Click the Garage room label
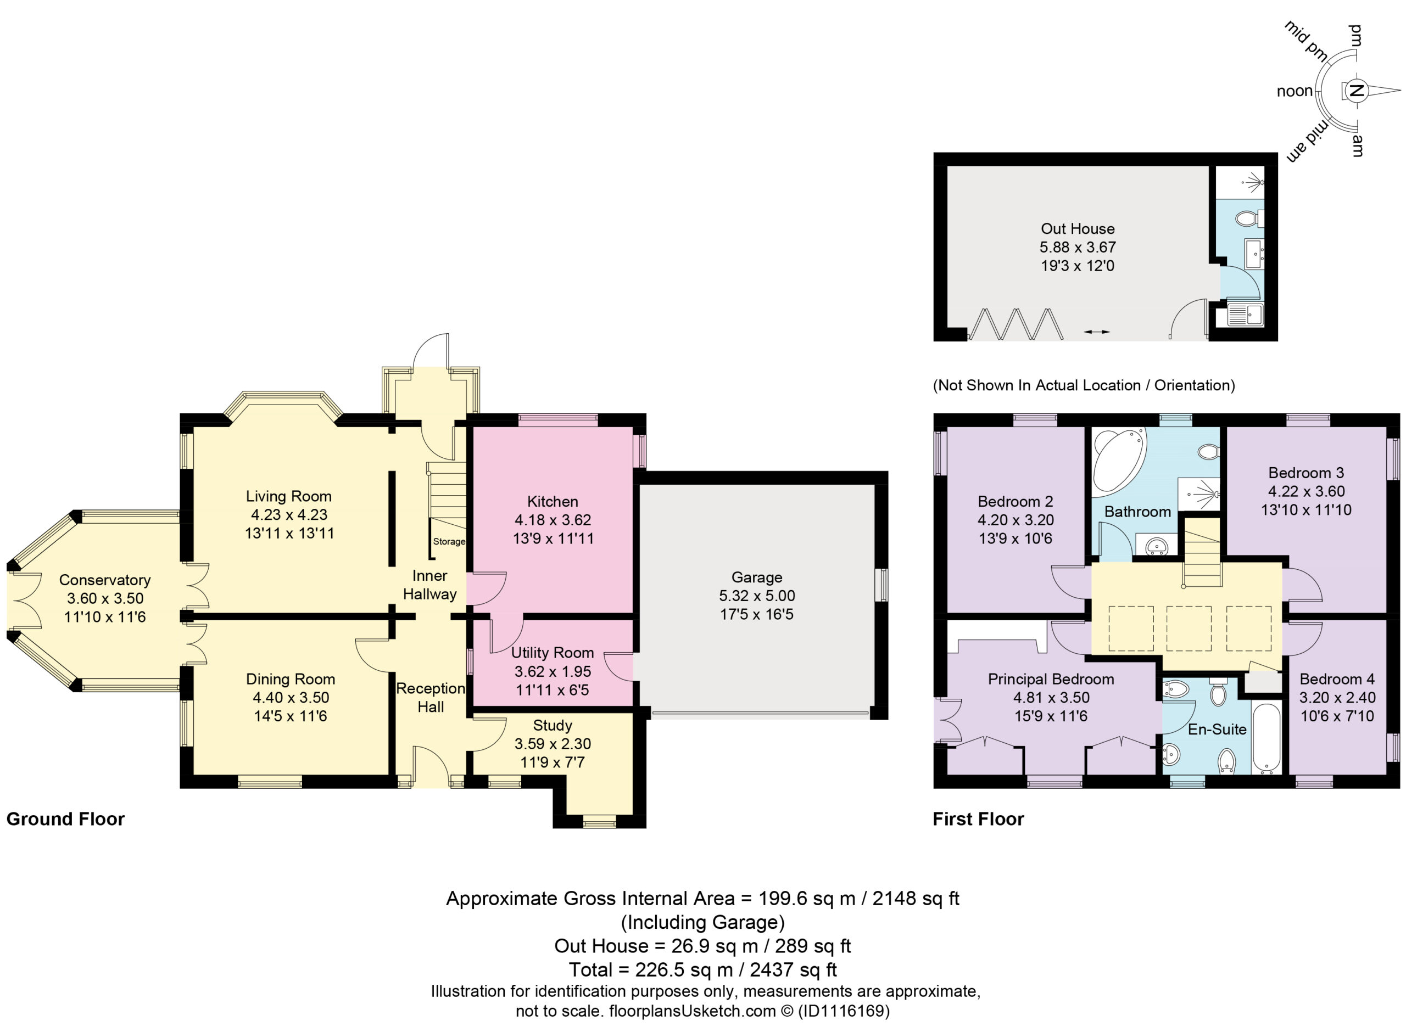pos(756,577)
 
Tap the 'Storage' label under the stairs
pos(449,542)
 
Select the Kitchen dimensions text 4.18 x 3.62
pos(553,520)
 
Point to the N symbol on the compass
pos(1355,91)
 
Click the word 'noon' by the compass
pos(1294,91)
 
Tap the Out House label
pos(1078,229)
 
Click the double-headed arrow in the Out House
pos(1096,332)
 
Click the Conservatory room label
pos(105,580)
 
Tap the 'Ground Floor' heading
pos(65,819)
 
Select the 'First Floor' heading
pos(978,819)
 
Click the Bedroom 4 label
pos(1337,679)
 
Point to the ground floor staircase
pos(447,497)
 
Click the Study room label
pos(553,725)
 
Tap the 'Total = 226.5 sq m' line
pos(702,969)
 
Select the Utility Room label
pos(553,653)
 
